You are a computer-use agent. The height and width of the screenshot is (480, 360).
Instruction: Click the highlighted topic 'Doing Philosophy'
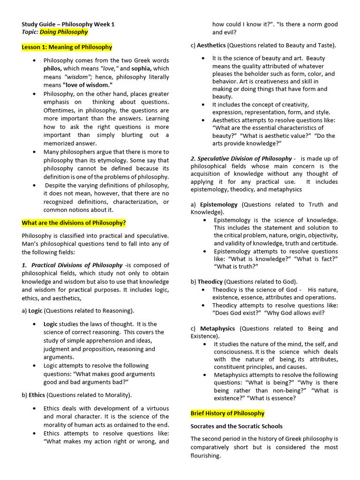click(x=64, y=32)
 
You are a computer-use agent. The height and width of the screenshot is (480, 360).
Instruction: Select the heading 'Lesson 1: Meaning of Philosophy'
click(x=67, y=47)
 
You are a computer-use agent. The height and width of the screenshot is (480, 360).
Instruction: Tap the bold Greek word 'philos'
click(x=52, y=68)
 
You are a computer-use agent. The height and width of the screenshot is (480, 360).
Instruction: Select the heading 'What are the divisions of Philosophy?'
click(x=74, y=223)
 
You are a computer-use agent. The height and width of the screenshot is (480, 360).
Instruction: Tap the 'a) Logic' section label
click(x=32, y=310)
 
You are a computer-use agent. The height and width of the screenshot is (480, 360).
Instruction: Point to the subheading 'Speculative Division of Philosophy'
click(x=241, y=158)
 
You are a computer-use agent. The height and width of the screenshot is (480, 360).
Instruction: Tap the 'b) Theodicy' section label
click(x=206, y=282)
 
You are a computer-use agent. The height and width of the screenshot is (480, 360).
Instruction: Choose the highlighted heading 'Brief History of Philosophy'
click(x=227, y=413)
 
